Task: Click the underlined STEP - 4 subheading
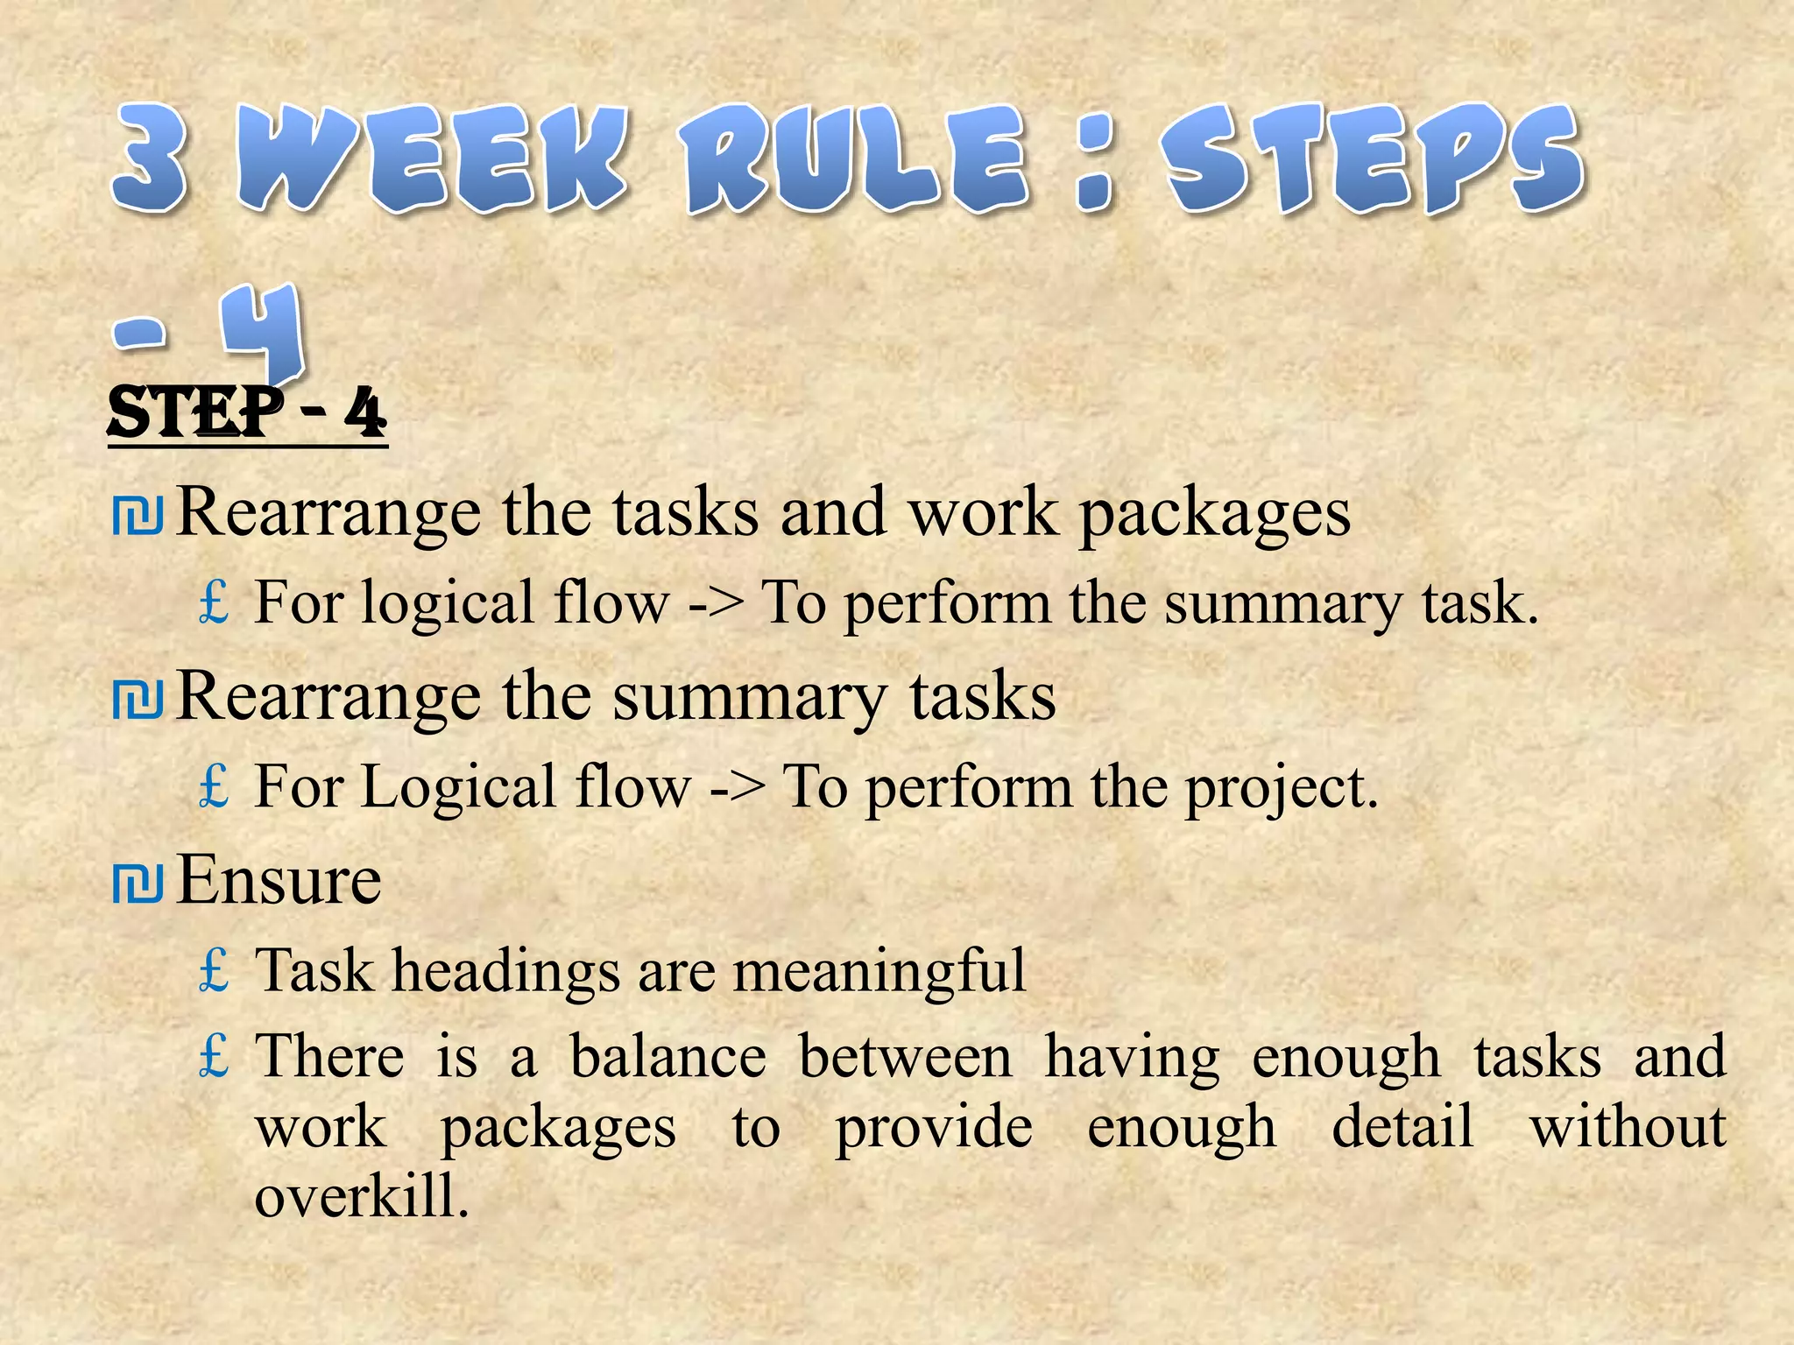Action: pyautogui.click(x=247, y=413)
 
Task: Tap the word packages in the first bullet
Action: pyautogui.click(x=1214, y=513)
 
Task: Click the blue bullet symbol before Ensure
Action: pyautogui.click(x=138, y=883)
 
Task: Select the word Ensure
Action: pyautogui.click(x=279, y=880)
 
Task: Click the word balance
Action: pyautogui.click(x=667, y=1056)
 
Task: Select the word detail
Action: pyautogui.click(x=1402, y=1126)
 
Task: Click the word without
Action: pyautogui.click(x=1628, y=1126)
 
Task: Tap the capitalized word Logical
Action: pyautogui.click(x=459, y=786)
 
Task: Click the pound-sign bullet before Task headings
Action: pyautogui.click(x=214, y=970)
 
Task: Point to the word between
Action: pyautogui.click(x=905, y=1056)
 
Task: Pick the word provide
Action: pyautogui.click(x=933, y=1128)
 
